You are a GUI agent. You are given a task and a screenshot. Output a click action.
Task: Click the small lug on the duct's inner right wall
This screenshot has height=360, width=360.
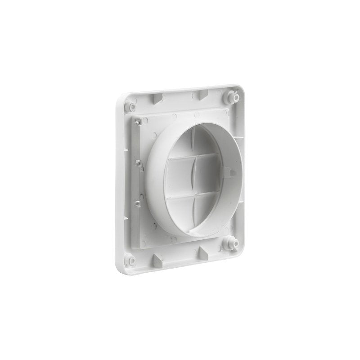[229, 172]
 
